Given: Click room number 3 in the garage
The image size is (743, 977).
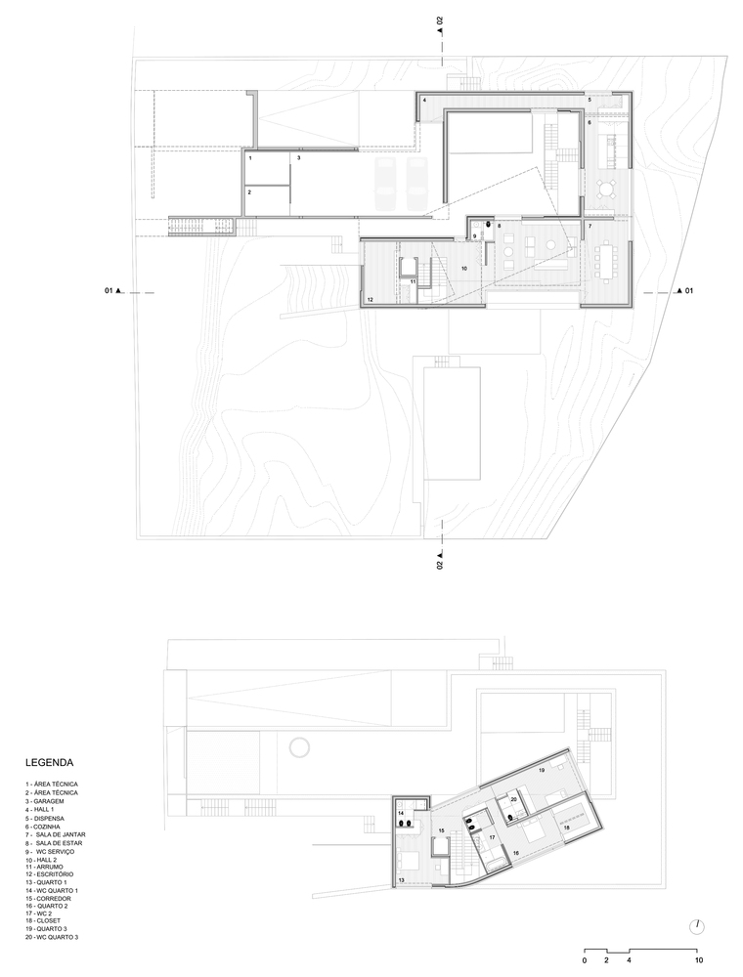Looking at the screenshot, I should pyautogui.click(x=299, y=157).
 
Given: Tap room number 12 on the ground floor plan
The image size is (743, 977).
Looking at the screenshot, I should pyautogui.click(x=371, y=299).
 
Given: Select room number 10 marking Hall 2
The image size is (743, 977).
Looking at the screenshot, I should pyautogui.click(x=464, y=267).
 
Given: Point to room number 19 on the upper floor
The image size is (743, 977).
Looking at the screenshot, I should pyautogui.click(x=542, y=772).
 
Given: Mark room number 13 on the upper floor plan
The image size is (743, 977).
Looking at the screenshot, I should pyautogui.click(x=402, y=879).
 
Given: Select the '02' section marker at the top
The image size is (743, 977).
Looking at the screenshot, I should pyautogui.click(x=441, y=21).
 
